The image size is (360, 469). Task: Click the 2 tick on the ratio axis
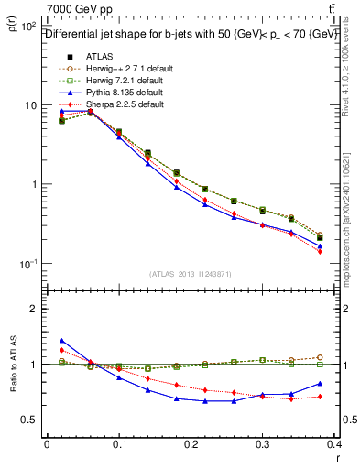coord(35,309)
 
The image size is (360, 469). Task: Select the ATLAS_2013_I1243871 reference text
coord(191,274)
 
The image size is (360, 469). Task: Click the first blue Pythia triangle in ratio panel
coord(61,340)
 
